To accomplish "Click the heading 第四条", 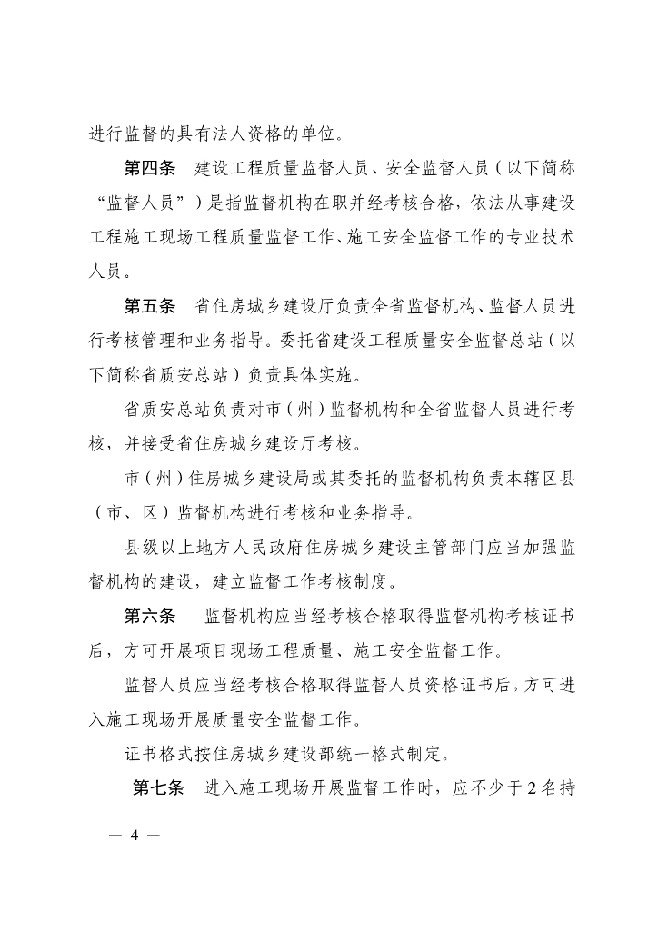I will pos(150,170).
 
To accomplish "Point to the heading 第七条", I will pos(159,787).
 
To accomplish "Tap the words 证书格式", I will pos(159,753).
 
